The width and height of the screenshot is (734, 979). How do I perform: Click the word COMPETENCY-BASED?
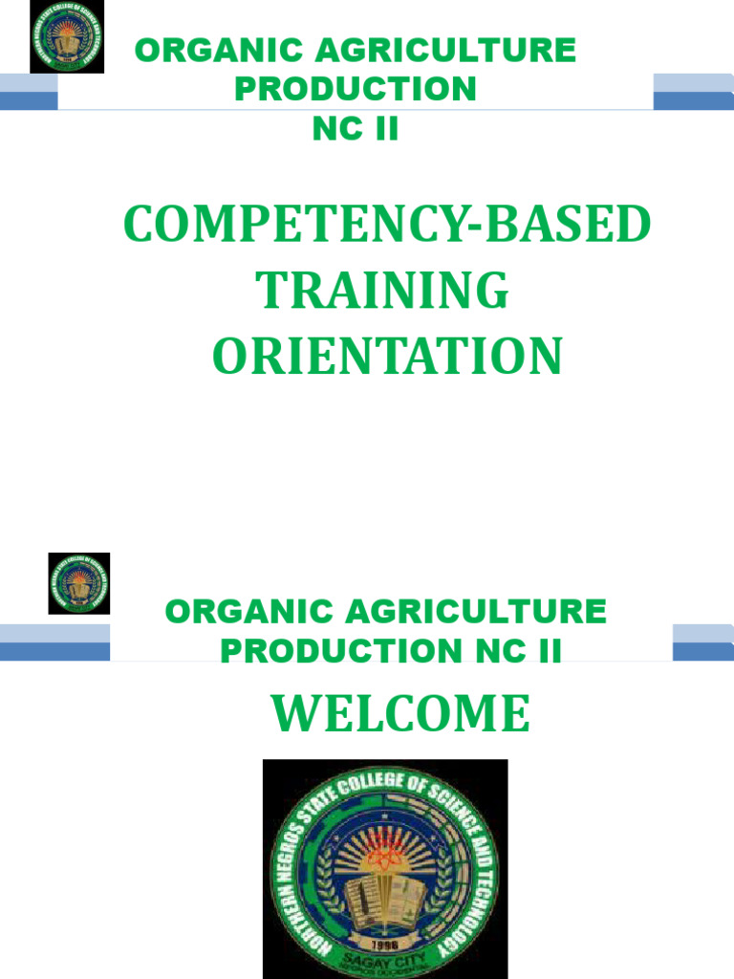coord(387,227)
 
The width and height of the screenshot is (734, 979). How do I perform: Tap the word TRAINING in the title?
coord(384,292)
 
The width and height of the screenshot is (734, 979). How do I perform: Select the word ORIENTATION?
coord(387,357)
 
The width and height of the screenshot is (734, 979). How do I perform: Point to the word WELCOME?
coord(399,714)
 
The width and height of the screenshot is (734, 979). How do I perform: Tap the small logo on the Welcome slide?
coord(79,583)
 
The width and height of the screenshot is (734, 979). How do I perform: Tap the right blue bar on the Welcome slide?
coord(702,642)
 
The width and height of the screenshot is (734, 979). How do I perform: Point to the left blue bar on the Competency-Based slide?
coord(29,92)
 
